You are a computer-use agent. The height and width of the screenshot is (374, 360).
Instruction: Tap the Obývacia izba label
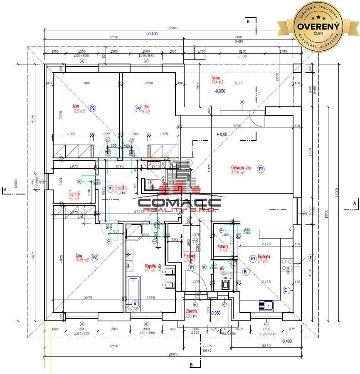[x=242, y=168]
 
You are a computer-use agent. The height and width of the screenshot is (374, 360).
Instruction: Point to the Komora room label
[x=223, y=246]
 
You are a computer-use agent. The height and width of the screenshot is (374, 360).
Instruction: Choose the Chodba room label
[x=121, y=188]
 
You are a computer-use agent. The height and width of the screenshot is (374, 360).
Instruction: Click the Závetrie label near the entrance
[x=191, y=310]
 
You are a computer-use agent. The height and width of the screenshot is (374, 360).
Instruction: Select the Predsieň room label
[x=190, y=256]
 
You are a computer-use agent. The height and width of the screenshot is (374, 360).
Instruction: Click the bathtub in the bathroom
[x=133, y=294]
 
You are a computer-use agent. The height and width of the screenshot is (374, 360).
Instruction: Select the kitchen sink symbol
[x=266, y=305]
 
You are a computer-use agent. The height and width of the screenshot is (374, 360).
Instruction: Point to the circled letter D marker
[x=311, y=258]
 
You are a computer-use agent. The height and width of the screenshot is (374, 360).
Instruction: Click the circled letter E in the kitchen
[x=286, y=290]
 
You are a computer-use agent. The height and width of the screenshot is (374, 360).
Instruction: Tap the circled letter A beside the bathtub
[x=135, y=304]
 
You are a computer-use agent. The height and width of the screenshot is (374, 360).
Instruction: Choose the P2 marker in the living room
[x=261, y=169]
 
